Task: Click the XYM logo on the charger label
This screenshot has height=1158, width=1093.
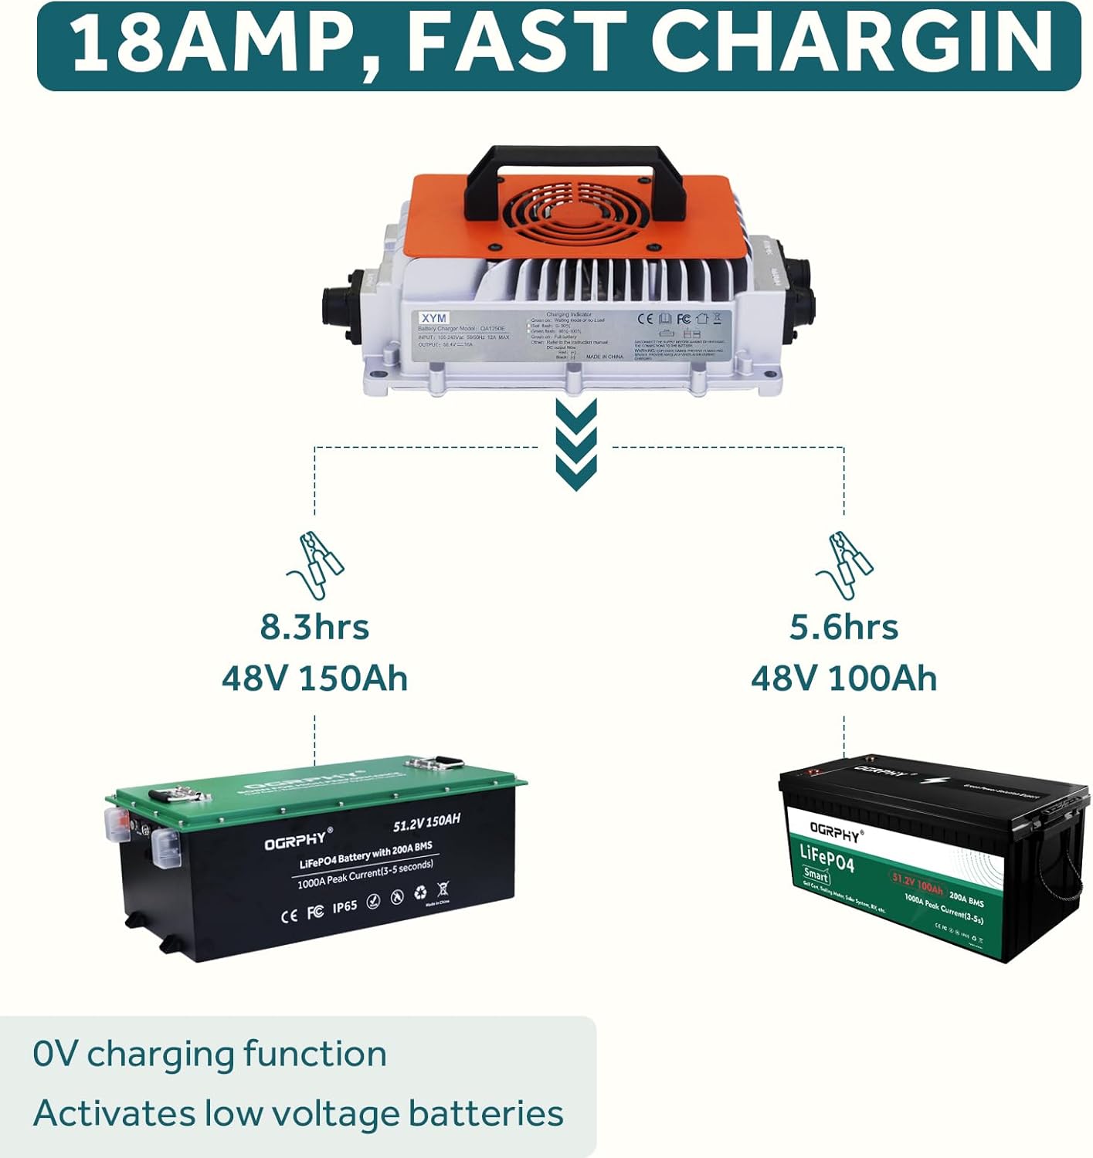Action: (434, 318)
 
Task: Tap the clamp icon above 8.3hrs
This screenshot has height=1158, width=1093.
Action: (315, 564)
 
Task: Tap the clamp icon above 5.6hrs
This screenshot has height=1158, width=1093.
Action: (844, 564)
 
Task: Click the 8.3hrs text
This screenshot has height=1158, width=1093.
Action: (314, 627)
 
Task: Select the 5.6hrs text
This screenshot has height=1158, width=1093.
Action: (844, 627)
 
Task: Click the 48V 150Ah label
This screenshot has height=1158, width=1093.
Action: (314, 678)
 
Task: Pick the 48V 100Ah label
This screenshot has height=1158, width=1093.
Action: (844, 678)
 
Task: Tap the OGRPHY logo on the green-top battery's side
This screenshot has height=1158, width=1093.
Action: (298, 839)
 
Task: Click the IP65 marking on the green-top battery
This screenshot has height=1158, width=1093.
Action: (345, 907)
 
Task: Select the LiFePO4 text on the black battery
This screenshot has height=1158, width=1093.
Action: (827, 858)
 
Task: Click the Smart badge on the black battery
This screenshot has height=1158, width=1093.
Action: (816, 876)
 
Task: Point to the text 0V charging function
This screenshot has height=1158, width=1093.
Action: (209, 1055)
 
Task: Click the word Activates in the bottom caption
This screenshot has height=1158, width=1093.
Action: (114, 1114)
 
